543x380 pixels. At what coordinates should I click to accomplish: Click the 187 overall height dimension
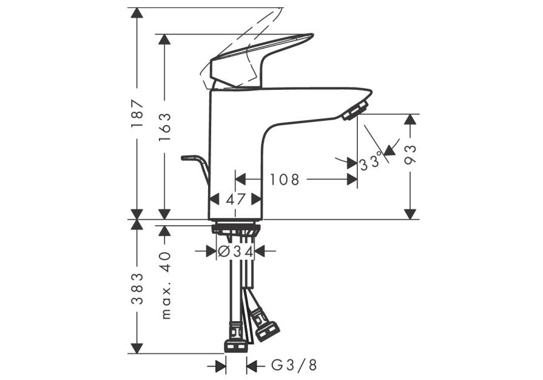tap(137, 114)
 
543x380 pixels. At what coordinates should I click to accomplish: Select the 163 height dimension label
tap(165, 127)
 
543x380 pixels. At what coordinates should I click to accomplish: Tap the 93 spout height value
tap(410, 155)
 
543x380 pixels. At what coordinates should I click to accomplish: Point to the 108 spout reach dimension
tap(285, 180)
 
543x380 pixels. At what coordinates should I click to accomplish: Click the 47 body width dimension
tap(235, 199)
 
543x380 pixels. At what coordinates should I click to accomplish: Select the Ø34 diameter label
tap(235, 251)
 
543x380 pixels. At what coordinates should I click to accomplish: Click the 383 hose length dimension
tap(137, 288)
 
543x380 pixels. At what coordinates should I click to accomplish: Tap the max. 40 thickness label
tap(166, 285)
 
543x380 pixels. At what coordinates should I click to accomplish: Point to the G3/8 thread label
tap(294, 365)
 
